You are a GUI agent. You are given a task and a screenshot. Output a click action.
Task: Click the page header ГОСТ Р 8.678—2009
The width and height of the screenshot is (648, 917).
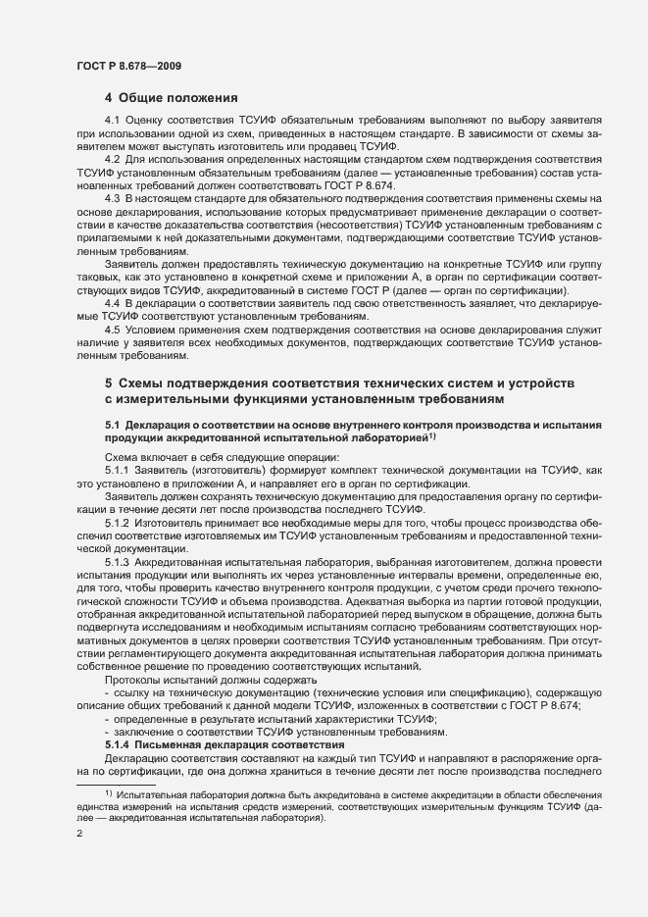[127, 66]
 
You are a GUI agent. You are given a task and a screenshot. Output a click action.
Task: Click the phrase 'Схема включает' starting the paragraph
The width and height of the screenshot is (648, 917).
[144, 458]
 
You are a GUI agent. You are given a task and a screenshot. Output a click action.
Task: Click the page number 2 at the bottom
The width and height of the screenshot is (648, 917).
[79, 834]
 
